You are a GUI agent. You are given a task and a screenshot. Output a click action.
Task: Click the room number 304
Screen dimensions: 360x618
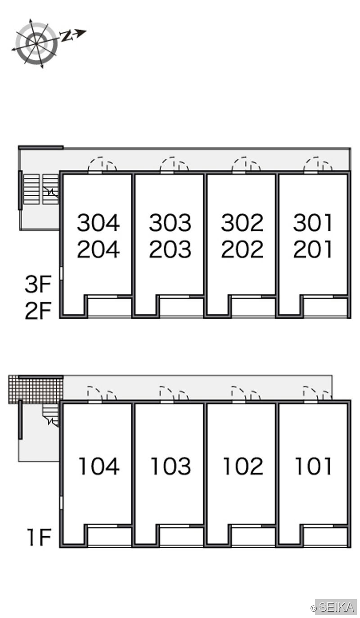click(98, 223)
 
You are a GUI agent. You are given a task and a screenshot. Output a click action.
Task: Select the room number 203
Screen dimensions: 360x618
click(170, 249)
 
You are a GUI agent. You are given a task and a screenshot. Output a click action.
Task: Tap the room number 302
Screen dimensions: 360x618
click(242, 223)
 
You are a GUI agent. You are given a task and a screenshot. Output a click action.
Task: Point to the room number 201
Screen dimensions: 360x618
click(313, 249)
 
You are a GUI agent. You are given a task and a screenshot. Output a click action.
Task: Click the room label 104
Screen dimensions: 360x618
click(99, 466)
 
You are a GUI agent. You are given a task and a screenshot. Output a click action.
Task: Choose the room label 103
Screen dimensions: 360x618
click(171, 466)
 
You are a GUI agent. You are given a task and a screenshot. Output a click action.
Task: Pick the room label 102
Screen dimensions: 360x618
click(243, 466)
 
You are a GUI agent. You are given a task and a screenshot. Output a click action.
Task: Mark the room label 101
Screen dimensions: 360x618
click(313, 466)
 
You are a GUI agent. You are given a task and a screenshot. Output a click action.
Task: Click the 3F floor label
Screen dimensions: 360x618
click(38, 284)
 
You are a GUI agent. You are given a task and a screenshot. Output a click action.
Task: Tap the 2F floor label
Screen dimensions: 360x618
click(38, 311)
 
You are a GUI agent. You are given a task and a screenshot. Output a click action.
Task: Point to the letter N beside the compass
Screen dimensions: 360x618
click(66, 36)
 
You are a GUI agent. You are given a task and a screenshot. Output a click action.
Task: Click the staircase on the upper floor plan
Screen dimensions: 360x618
click(41, 189)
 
